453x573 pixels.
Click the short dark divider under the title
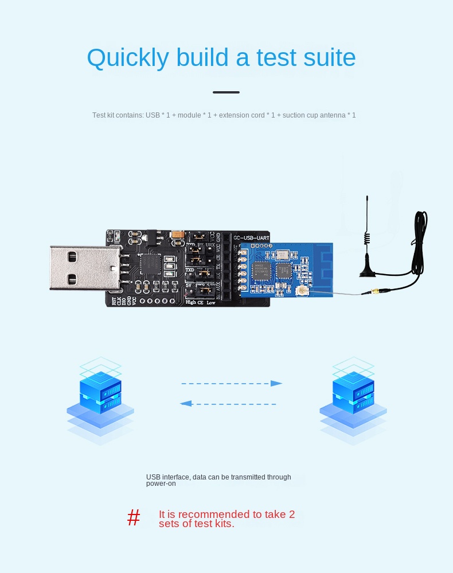coord(226,92)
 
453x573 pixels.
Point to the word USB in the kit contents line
coord(153,115)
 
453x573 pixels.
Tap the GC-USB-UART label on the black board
coord(251,236)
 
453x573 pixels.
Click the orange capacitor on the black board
coord(178,235)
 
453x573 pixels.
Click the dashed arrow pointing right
coord(232,383)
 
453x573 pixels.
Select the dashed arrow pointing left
coord(228,404)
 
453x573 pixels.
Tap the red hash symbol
coord(134,518)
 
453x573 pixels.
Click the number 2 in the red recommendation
coord(291,514)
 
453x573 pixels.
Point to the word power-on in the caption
coord(161,484)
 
